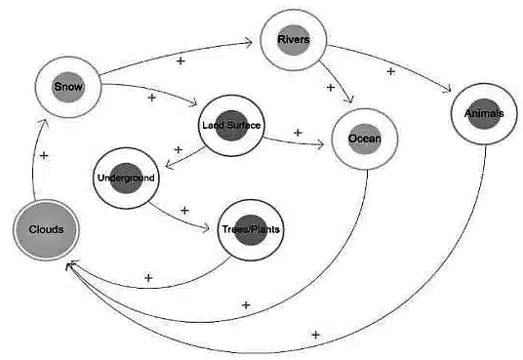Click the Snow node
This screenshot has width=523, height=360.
68,87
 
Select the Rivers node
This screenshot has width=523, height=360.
294,40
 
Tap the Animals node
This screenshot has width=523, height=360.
485,114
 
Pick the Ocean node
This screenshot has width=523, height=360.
365,139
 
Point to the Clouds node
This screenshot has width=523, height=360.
46,229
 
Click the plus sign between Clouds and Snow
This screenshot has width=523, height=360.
45,155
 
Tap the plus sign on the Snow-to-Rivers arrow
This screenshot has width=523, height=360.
180,60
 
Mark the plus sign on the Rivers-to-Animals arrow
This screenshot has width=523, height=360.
391,70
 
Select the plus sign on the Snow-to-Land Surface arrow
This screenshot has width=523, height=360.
151,98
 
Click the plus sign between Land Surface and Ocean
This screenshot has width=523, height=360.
297,132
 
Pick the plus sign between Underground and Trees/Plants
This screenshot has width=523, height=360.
184,210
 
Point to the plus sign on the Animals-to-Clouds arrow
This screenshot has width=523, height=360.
315,335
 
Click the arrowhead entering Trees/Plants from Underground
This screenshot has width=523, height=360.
213,229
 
